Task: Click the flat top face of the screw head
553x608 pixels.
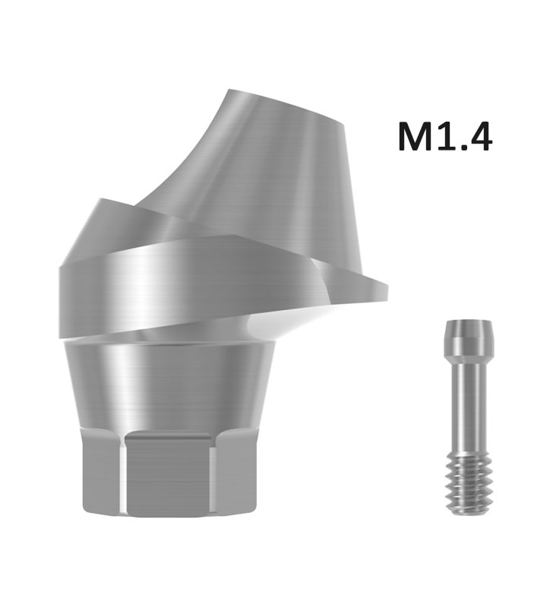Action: pos(469,321)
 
